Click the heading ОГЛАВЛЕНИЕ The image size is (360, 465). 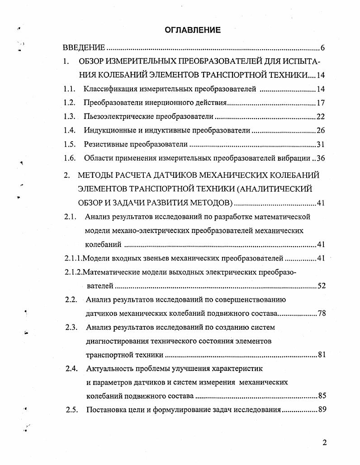(193, 30)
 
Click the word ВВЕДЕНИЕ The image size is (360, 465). (84, 47)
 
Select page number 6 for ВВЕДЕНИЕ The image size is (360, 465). (322, 48)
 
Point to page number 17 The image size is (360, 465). (321, 103)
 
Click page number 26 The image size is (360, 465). (321, 131)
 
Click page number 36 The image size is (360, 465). (321, 158)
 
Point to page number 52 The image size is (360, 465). (321, 286)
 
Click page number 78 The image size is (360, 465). (321, 313)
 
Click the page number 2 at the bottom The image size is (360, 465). (324, 442)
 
